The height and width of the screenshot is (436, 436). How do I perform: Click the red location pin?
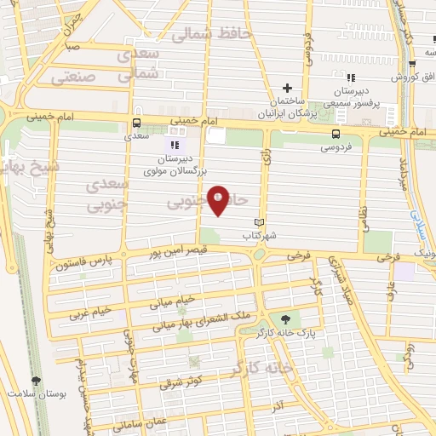(219, 200)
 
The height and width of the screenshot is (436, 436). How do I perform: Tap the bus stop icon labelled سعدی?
(137, 123)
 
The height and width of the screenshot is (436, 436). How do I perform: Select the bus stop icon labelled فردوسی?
(337, 135)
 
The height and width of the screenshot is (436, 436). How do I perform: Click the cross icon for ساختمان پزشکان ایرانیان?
(288, 88)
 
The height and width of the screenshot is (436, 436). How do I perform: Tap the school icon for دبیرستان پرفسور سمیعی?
(349, 78)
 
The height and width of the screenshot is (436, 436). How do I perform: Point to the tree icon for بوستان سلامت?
(35, 381)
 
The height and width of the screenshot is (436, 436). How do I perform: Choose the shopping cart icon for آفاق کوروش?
(412, 64)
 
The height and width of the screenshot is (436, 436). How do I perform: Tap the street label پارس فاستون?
(84, 266)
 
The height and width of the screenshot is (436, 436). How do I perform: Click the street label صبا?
(72, 48)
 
